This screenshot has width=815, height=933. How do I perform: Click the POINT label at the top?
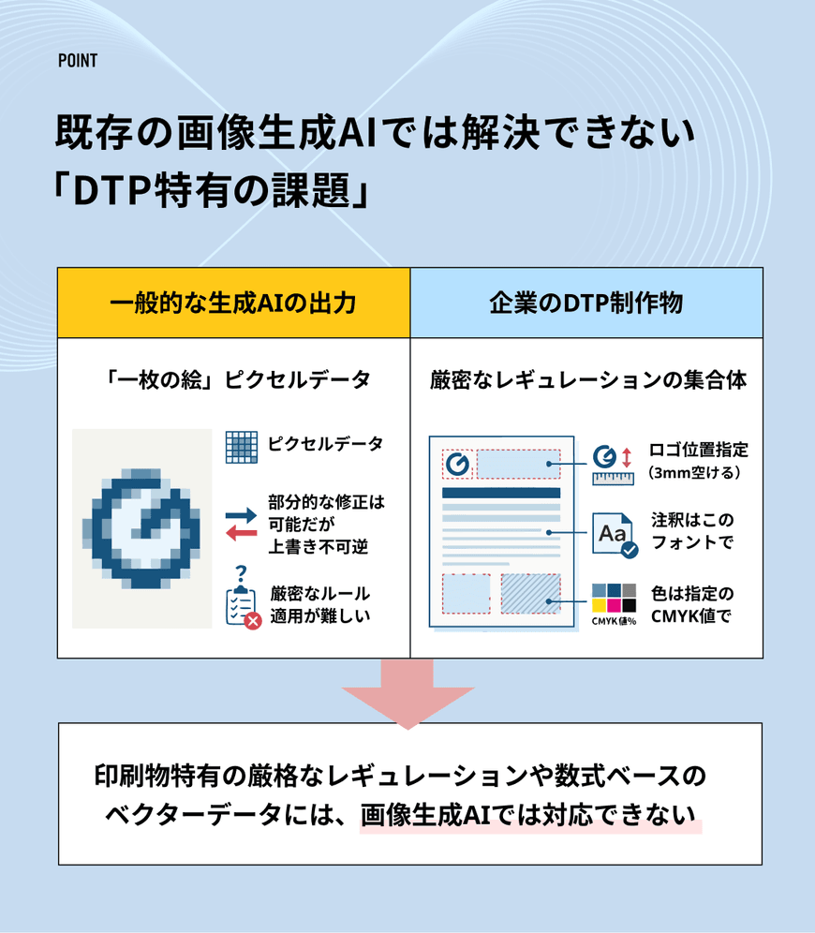point(77,61)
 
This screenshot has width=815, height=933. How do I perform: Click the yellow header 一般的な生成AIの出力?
point(233,304)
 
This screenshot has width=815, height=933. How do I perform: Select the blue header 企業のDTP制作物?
point(585,304)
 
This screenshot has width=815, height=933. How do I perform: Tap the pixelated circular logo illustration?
point(142,528)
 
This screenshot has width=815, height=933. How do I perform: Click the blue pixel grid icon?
point(242,446)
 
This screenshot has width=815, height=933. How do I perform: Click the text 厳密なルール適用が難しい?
point(319,604)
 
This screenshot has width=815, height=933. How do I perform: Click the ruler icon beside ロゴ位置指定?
point(614,477)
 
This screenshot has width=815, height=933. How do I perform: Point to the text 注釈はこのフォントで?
point(693,531)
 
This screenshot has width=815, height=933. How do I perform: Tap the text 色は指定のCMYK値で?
point(692,604)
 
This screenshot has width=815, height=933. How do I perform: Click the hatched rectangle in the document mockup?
point(529,593)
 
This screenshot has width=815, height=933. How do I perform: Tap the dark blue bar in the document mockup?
point(500,492)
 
